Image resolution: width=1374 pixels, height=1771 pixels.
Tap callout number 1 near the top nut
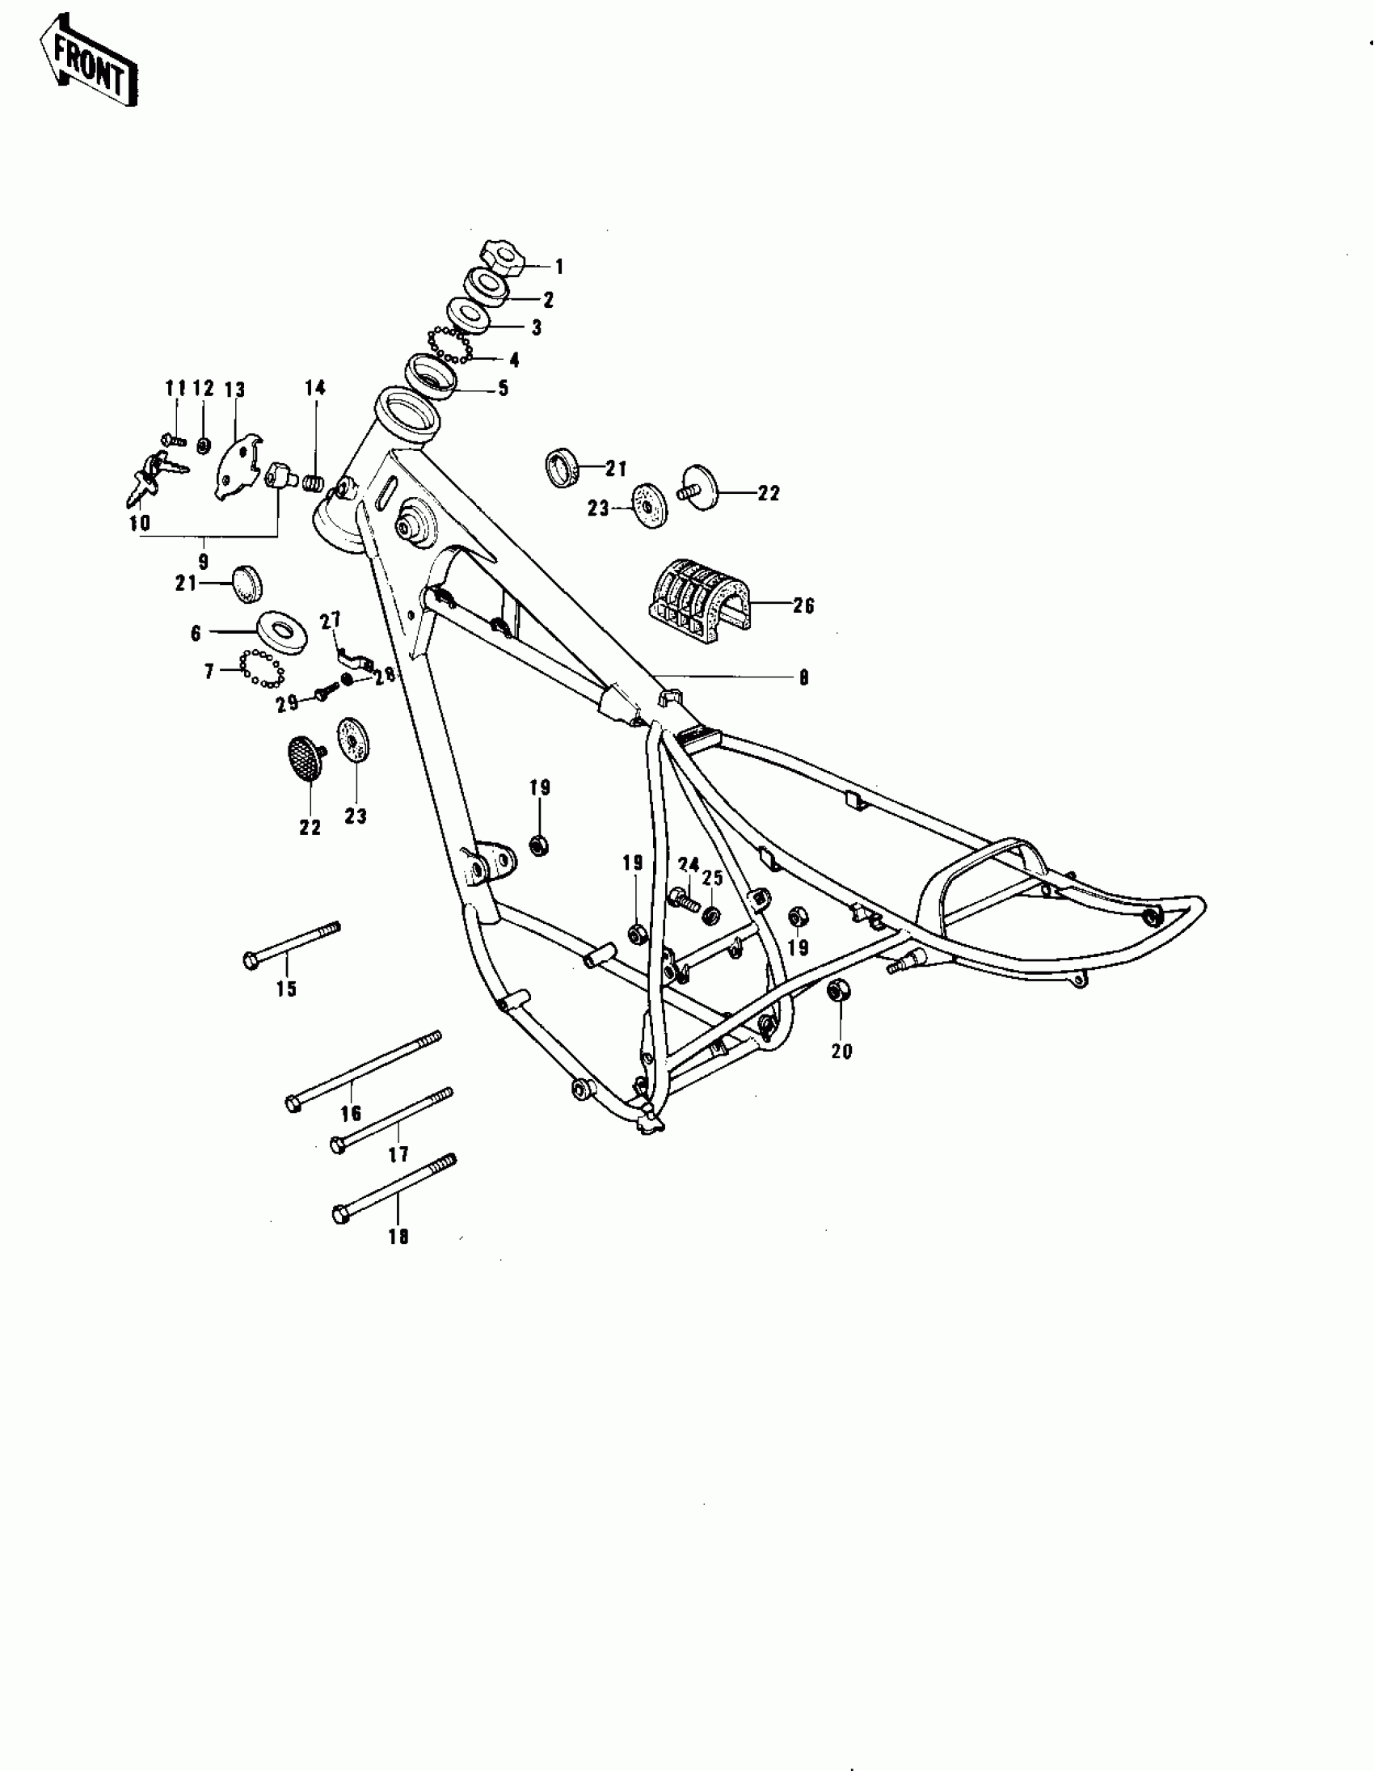558,267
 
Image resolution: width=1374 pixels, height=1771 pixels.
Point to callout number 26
803,605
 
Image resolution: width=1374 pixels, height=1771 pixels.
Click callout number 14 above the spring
315,388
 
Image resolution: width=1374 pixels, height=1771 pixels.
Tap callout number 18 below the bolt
398,1237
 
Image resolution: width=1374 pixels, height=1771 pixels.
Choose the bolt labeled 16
364,1069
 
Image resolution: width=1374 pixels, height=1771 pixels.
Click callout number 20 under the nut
842,1051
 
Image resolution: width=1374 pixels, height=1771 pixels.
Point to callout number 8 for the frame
803,678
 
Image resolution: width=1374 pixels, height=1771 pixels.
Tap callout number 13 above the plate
234,390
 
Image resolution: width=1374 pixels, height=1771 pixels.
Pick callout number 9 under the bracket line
203,561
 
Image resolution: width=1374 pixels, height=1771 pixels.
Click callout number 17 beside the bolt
398,1154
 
